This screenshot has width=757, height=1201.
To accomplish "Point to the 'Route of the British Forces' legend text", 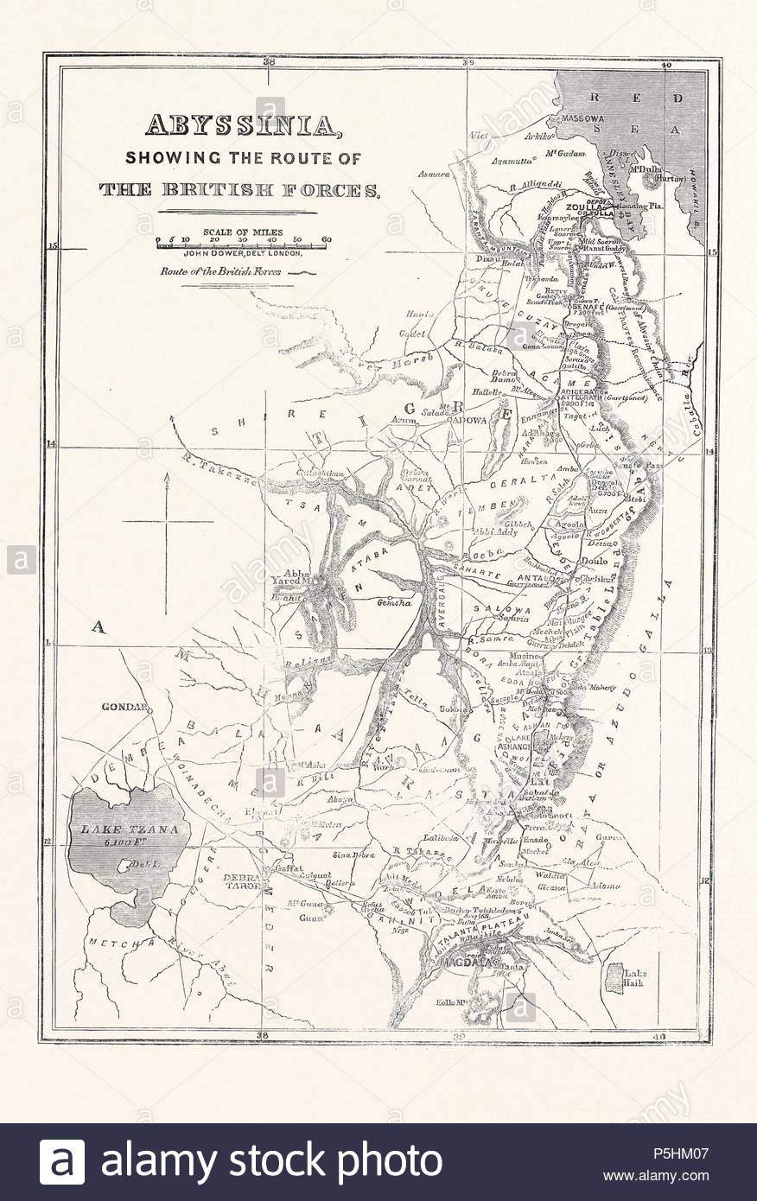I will pyautogui.click(x=227, y=270).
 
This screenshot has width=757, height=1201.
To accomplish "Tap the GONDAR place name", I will pyautogui.click(x=125, y=704).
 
